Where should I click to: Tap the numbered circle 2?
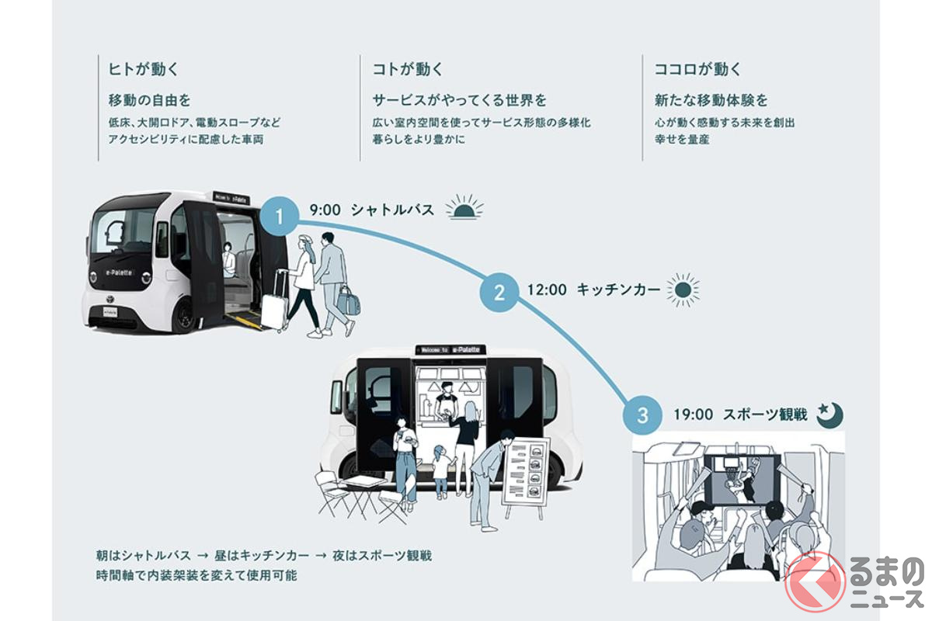499,292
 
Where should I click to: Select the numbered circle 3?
642,415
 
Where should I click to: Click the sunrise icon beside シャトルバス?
464,208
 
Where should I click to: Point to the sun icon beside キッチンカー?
683,290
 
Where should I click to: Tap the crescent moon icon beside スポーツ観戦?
829,415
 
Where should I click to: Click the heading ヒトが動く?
144,69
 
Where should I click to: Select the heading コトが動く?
408,69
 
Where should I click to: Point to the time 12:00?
546,290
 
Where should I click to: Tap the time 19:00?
693,415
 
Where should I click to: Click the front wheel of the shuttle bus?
184,316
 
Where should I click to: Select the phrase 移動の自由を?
149,100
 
